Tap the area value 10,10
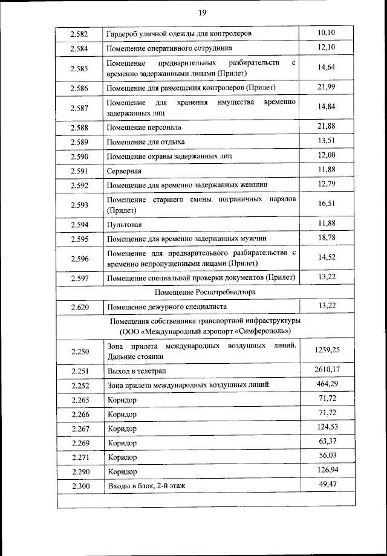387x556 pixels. pyautogui.click(x=327, y=32)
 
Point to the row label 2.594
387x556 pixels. pyautogui.click(x=79, y=225)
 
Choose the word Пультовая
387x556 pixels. pyautogui.click(x=125, y=225)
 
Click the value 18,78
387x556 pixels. pyautogui.click(x=327, y=238)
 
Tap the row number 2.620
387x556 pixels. pyautogui.click(x=79, y=308)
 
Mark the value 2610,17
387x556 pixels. pyautogui.click(x=327, y=369)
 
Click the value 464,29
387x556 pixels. pyautogui.click(x=327, y=384)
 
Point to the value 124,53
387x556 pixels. pyautogui.click(x=327, y=428)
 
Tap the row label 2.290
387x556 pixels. pyautogui.click(x=79, y=471)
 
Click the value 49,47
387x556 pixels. pyautogui.click(x=327, y=484)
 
